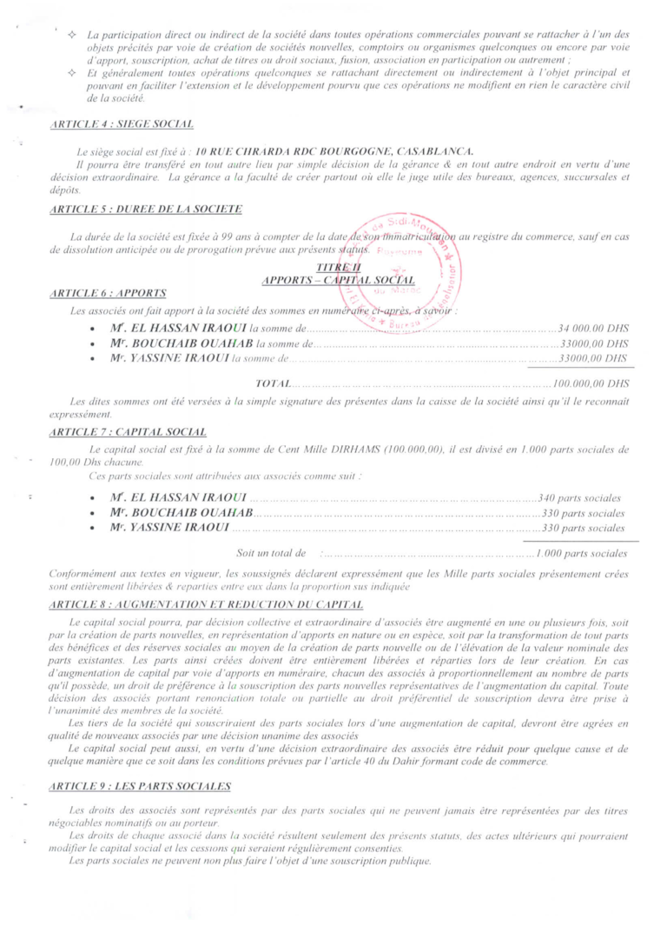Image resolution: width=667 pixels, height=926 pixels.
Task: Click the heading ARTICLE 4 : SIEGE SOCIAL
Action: [x=122, y=126]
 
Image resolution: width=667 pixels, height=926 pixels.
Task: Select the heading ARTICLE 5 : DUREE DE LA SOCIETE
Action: [x=146, y=209]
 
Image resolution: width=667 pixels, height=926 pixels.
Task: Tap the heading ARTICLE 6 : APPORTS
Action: [x=109, y=293]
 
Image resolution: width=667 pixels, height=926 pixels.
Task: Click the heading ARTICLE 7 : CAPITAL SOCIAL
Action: [x=129, y=431]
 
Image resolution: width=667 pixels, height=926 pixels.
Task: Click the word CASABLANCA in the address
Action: [x=422, y=152]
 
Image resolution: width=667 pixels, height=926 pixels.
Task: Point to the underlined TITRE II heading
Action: [x=333, y=268]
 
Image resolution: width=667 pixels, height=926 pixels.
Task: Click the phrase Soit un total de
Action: [x=271, y=553]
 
